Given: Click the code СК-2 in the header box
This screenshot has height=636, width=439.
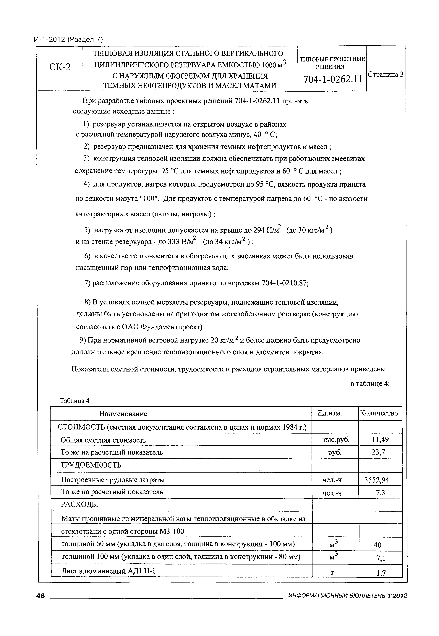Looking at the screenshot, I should tap(59, 67).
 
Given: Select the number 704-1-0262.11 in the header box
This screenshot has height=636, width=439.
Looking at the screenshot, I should tap(333, 79).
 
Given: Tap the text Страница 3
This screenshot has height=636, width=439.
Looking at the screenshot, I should tap(386, 74).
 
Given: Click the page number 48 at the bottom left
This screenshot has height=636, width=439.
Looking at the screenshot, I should tap(41, 596).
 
